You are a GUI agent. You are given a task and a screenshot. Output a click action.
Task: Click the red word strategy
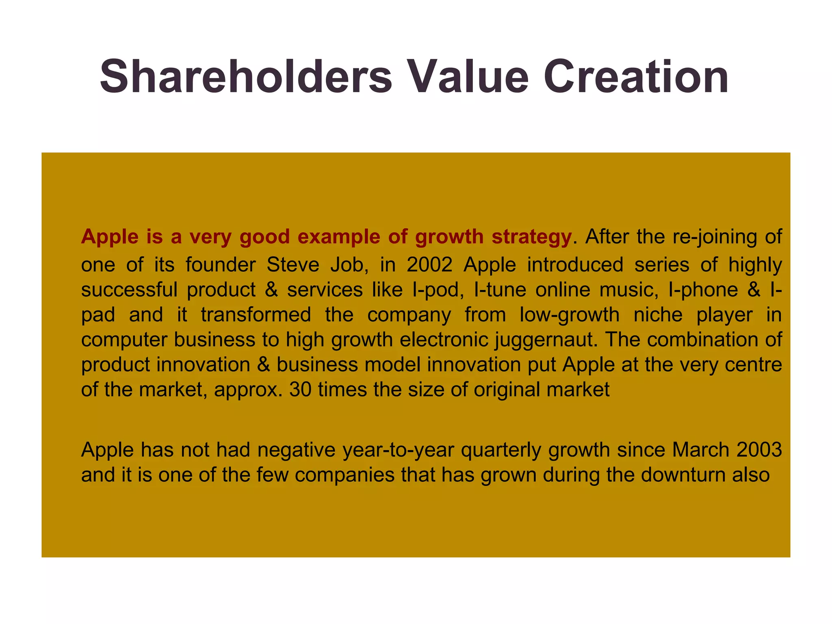tap(531, 237)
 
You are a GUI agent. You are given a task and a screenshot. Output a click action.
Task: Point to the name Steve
tap(292, 265)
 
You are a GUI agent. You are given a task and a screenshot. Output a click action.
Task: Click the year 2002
tap(429, 265)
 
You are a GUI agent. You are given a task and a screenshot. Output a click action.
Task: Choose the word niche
tap(658, 315)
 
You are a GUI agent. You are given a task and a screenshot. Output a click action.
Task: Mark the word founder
tap(221, 265)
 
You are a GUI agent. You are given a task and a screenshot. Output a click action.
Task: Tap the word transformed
tap(256, 315)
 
